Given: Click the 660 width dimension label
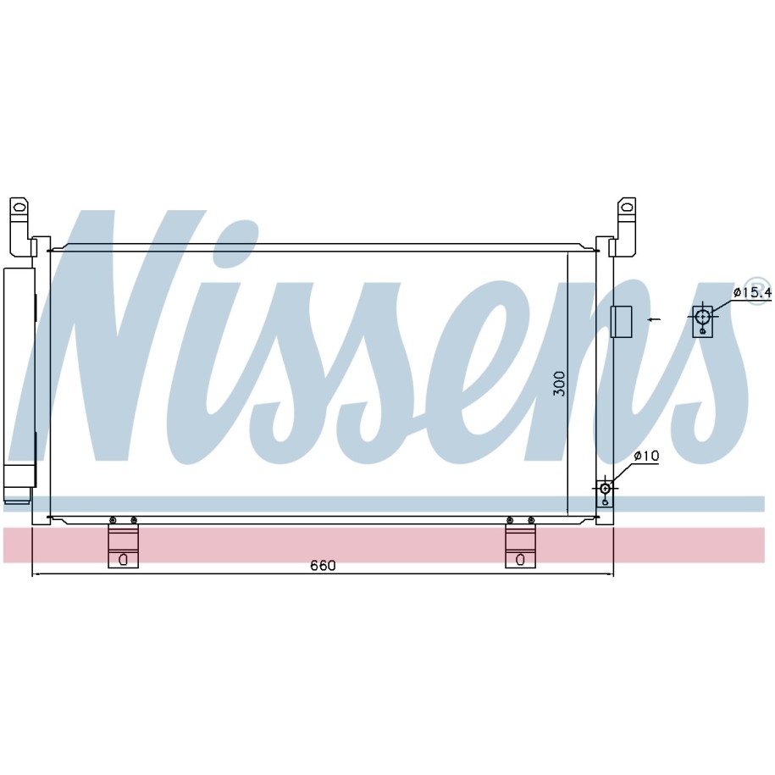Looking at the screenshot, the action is pyautogui.click(x=323, y=566).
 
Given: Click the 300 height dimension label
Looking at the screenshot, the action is pyautogui.click(x=559, y=384).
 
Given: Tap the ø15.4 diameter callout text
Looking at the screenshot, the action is pyautogui.click(x=752, y=292).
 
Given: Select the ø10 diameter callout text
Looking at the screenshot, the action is pyautogui.click(x=646, y=456).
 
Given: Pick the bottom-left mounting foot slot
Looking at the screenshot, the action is pyautogui.click(x=123, y=560).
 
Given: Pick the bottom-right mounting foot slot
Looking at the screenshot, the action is pyautogui.click(x=520, y=560).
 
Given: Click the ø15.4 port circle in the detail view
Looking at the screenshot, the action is pyautogui.click(x=702, y=314).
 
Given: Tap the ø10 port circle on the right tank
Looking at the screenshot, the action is pyautogui.click(x=605, y=489).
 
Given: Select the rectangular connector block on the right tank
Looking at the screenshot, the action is pyautogui.click(x=622, y=322).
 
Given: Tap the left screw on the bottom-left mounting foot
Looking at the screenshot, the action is pyautogui.click(x=113, y=520).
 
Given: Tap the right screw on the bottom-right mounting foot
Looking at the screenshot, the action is pyautogui.click(x=531, y=520).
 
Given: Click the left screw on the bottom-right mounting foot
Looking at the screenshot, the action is pyautogui.click(x=510, y=520).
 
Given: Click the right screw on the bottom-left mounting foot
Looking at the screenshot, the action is pyautogui.click(x=134, y=520).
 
